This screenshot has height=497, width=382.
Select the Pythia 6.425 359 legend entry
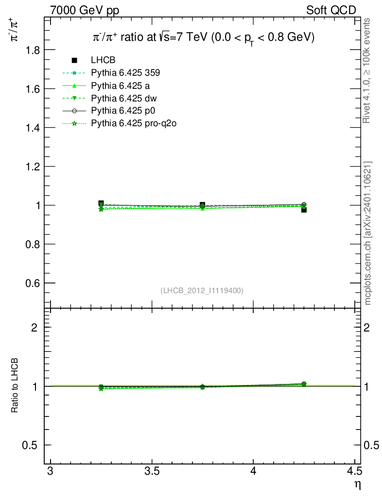click(125, 73)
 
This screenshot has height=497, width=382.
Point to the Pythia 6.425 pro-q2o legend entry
click(133, 123)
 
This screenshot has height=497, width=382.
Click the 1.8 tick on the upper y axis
click(32, 50)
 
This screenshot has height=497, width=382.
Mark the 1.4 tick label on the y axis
click(32, 128)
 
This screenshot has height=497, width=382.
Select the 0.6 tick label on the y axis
click(32, 283)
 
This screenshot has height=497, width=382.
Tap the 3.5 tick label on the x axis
click(152, 471)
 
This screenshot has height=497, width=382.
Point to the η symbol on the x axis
click(357, 484)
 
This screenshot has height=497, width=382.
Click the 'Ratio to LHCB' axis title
click(15, 386)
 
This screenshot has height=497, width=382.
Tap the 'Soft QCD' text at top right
click(331, 10)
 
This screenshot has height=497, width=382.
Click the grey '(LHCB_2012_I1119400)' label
click(202, 290)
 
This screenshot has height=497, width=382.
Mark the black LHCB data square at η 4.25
click(304, 210)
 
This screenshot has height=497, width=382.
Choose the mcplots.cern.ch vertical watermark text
click(368, 233)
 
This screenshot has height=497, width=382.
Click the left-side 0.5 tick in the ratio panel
click(32, 445)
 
